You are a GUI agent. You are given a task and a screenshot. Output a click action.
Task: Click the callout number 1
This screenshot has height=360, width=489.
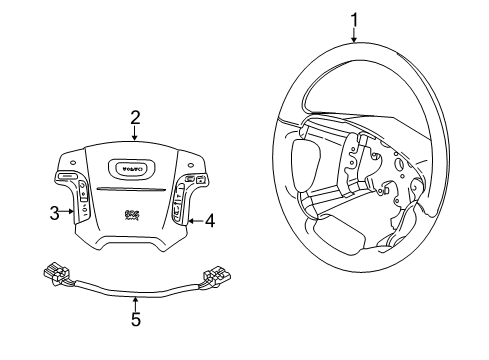coord(353,17)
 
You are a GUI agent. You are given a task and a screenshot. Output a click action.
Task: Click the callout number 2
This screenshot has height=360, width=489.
coord(134,118)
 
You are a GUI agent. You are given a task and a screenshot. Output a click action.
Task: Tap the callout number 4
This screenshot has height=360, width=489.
coord(210,221)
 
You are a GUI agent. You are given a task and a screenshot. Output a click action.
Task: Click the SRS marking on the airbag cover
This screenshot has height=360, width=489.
coord(130,213)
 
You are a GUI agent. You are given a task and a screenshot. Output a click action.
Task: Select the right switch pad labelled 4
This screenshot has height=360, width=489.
coord(182,205)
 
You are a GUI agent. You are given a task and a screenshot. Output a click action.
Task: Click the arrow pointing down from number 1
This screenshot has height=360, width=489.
coord(353,34)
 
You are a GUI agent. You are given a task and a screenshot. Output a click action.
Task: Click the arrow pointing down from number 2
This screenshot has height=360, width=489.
coord(134,133)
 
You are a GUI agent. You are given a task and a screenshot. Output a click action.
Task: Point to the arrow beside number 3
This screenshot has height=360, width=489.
coord(68,211)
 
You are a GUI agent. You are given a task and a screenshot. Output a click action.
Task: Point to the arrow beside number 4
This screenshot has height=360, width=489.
coord(196,220)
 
